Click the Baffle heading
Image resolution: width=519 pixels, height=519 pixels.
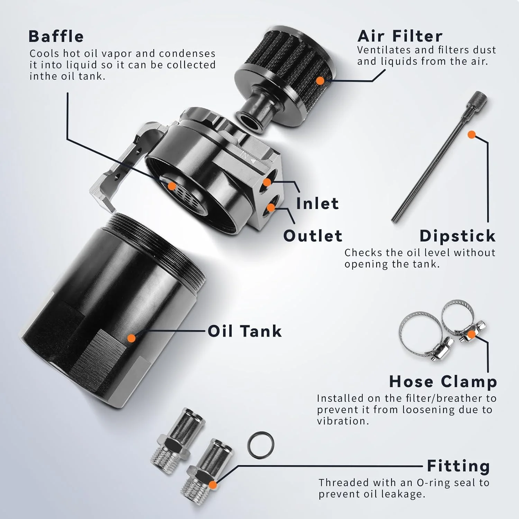(56, 36)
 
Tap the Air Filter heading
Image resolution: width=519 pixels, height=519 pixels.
(400, 36)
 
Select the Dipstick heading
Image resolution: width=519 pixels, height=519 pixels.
(457, 236)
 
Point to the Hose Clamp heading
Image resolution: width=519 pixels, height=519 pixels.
(443, 382)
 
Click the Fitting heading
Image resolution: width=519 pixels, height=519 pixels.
(458, 466)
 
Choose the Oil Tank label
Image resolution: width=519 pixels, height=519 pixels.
(245, 331)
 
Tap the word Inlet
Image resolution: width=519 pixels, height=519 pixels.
(317, 203)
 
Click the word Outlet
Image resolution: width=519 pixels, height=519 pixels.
(313, 236)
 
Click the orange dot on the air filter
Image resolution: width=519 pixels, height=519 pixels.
(320, 81)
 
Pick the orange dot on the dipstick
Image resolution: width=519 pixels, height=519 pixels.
(471, 135)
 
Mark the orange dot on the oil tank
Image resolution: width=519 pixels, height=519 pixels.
(131, 338)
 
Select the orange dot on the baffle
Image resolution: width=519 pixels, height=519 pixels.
(172, 186)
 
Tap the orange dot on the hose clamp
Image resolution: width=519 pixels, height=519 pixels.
(472, 334)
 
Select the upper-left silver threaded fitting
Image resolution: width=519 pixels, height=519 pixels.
(177, 436)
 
